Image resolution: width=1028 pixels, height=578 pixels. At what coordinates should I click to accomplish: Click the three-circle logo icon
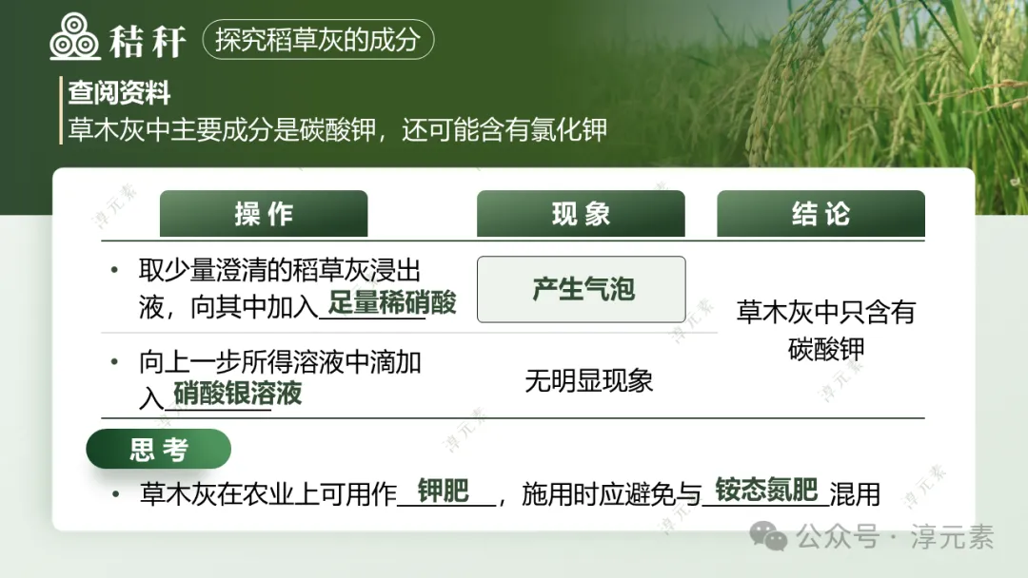point(75,39)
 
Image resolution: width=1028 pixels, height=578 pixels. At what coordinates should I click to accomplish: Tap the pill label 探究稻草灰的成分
point(317,40)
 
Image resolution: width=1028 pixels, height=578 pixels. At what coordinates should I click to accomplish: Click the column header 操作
point(264,214)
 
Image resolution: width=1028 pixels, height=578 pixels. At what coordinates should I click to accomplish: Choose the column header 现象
point(581,214)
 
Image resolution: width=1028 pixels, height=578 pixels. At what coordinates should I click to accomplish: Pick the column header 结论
point(820,214)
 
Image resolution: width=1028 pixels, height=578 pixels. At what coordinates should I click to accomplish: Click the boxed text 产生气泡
point(582,289)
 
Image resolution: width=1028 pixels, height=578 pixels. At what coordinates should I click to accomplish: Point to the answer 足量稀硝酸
point(392,303)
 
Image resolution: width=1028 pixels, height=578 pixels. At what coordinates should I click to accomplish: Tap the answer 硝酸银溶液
point(237,393)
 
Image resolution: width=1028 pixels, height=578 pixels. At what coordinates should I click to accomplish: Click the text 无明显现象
point(588,381)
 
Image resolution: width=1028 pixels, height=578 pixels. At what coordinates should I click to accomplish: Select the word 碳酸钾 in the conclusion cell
point(826,349)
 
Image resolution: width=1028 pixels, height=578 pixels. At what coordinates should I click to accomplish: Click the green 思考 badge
point(159,450)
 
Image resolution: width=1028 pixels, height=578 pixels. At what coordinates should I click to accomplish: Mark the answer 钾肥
point(444,491)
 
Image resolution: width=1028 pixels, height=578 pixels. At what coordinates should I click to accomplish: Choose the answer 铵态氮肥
point(766,490)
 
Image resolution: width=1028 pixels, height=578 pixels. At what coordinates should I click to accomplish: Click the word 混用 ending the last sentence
point(854,494)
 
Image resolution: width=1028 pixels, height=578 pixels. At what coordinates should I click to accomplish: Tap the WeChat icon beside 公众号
point(768,537)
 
